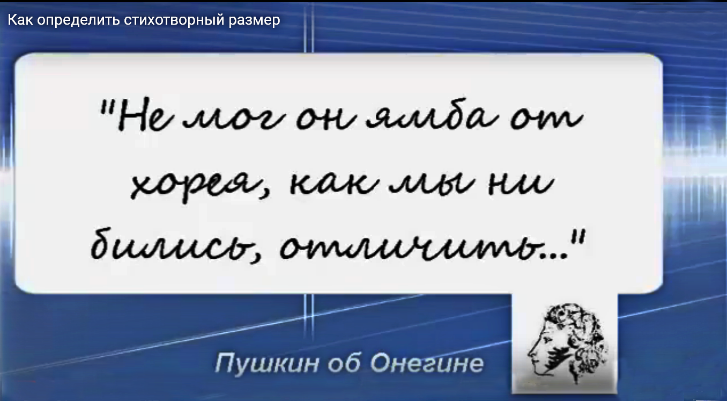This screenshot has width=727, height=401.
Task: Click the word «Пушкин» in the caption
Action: [266, 363]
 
